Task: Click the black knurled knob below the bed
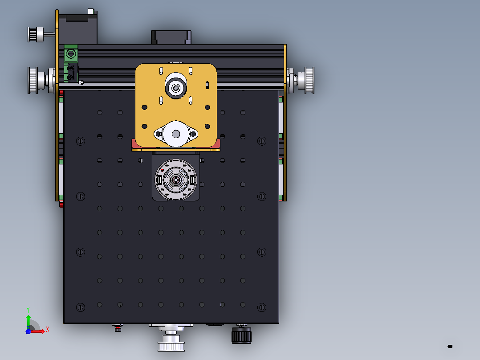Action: (241, 335)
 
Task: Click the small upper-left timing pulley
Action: (36, 34)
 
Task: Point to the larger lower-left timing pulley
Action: (37, 80)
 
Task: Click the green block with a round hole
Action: (71, 54)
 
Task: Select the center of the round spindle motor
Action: (176, 180)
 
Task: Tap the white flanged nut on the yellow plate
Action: (176, 134)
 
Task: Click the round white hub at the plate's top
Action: (176, 86)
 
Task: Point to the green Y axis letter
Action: (28, 310)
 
